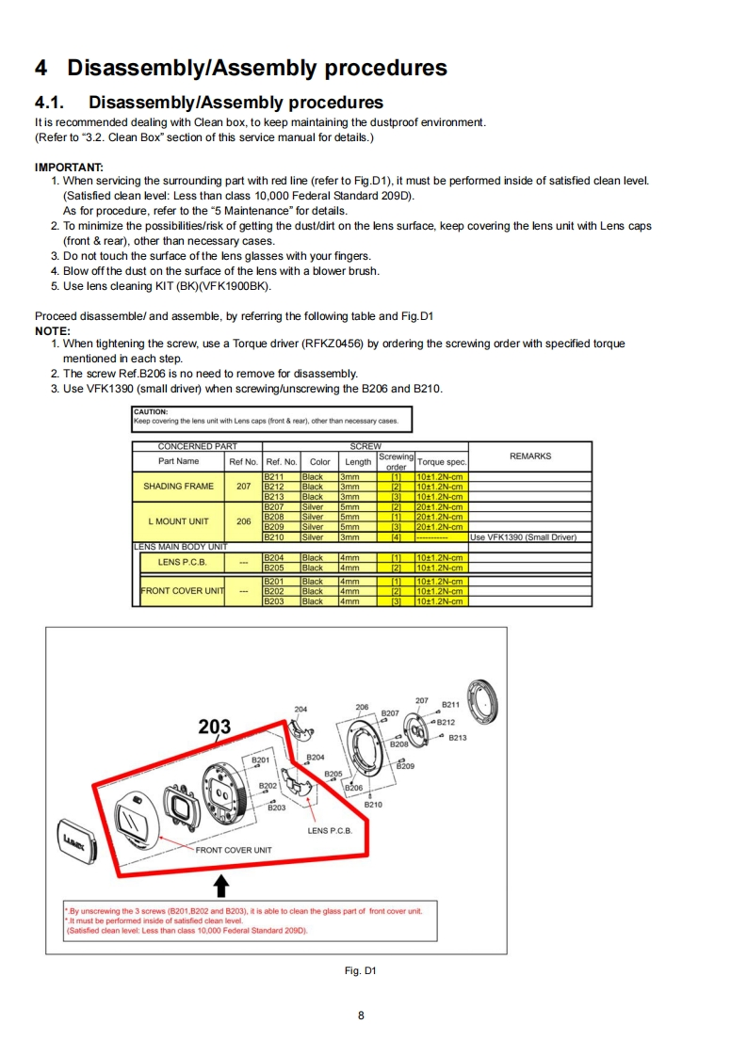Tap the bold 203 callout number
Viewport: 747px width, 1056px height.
(216, 727)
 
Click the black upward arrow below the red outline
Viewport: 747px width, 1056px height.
(221, 885)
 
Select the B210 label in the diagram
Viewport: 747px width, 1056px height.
(374, 805)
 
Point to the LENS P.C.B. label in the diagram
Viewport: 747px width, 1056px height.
(330, 831)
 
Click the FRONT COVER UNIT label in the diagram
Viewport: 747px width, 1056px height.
(233, 850)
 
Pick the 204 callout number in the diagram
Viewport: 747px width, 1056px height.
(300, 709)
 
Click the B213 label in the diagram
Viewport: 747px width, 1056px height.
(457, 738)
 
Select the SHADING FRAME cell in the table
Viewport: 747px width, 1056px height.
(179, 487)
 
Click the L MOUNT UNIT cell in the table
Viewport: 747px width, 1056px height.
(179, 521)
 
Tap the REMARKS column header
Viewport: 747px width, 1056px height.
(529, 456)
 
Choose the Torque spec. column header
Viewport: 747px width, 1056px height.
(442, 462)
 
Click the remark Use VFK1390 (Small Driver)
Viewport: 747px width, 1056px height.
(523, 537)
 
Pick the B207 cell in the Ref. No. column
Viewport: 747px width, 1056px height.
(274, 507)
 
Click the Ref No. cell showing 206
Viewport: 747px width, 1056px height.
(243, 521)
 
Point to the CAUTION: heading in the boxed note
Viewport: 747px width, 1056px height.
(150, 411)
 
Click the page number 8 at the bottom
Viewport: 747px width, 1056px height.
(362, 1015)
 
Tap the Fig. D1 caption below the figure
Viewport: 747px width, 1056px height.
(362, 970)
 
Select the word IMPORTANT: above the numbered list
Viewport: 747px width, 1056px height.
(69, 167)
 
